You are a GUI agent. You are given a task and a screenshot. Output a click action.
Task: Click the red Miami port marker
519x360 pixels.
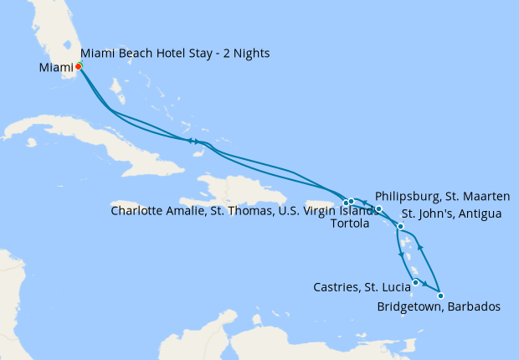click(x=78, y=66)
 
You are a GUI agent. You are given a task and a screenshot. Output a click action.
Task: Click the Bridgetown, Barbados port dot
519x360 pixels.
click(x=440, y=296)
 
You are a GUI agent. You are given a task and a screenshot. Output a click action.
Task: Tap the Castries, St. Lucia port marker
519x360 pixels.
click(x=415, y=282)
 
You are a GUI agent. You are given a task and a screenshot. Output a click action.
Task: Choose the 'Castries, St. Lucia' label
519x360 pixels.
click(x=362, y=287)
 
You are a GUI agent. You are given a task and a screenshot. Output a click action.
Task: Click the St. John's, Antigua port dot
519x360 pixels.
click(x=401, y=227)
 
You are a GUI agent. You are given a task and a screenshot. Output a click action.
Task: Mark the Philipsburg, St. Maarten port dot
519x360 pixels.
click(x=378, y=209)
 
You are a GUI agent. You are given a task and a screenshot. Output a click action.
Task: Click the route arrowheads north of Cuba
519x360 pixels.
click(x=193, y=141)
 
